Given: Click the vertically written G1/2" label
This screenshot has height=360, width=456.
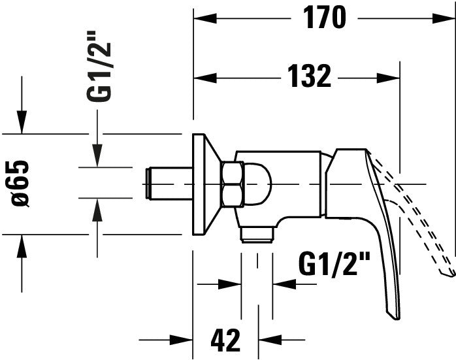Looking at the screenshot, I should pyautogui.click(x=99, y=73).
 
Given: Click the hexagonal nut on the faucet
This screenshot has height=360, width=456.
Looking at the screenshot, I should pyautogui.click(x=232, y=184).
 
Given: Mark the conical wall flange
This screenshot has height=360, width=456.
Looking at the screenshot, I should pyautogui.click(x=204, y=184).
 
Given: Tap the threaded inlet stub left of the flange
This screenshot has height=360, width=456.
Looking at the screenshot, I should pyautogui.click(x=167, y=184).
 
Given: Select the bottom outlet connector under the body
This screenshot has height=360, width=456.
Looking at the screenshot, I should pyautogui.click(x=257, y=234).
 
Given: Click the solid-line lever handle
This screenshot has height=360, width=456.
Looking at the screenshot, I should pyautogui.click(x=378, y=235).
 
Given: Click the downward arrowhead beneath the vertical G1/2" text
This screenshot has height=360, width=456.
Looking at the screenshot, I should pyautogui.click(x=97, y=157).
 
